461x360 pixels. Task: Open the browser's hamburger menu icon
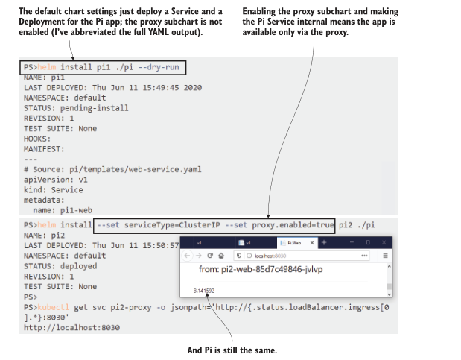coord(387,256)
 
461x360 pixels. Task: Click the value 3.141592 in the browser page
coord(204,290)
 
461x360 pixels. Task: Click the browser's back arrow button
coord(188,256)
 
